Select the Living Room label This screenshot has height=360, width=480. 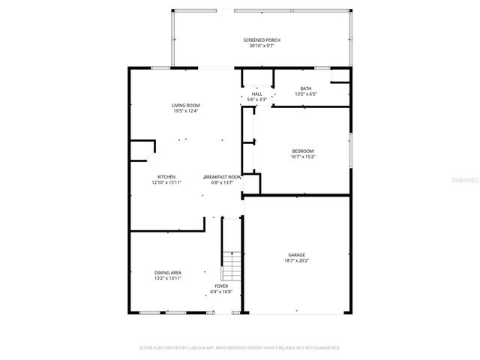click(185, 106)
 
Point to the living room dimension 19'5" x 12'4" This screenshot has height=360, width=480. click(185, 112)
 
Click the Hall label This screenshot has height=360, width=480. click(256, 94)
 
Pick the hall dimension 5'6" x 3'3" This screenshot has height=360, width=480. click(256, 100)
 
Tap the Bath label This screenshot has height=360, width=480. click(306, 88)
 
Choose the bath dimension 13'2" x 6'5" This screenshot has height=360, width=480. click(306, 94)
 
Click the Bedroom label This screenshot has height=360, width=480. click(303, 151)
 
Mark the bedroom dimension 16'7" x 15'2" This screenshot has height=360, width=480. click(303, 157)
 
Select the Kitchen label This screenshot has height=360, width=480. click(166, 176)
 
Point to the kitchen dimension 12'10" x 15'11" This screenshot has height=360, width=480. click(166, 182)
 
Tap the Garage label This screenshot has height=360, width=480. click(296, 254)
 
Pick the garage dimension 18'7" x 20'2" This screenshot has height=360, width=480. click(296, 260)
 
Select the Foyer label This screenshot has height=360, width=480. click(221, 286)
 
